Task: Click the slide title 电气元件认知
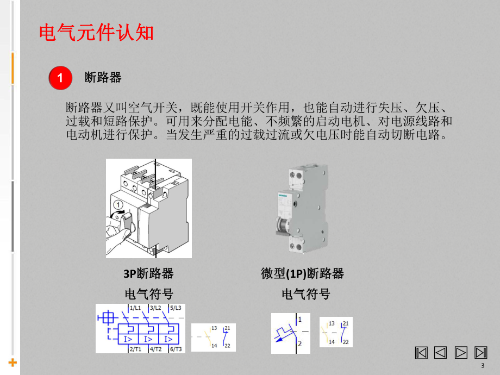(97, 33)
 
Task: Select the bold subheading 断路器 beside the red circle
(103, 78)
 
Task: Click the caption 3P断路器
(148, 273)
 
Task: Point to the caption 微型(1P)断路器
(302, 273)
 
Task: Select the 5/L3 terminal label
(176, 308)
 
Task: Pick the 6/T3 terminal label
(176, 349)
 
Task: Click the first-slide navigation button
(421, 352)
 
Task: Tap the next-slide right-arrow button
(461, 352)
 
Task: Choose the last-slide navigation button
(480, 352)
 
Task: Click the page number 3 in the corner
(482, 365)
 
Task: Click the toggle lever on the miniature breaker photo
(282, 226)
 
